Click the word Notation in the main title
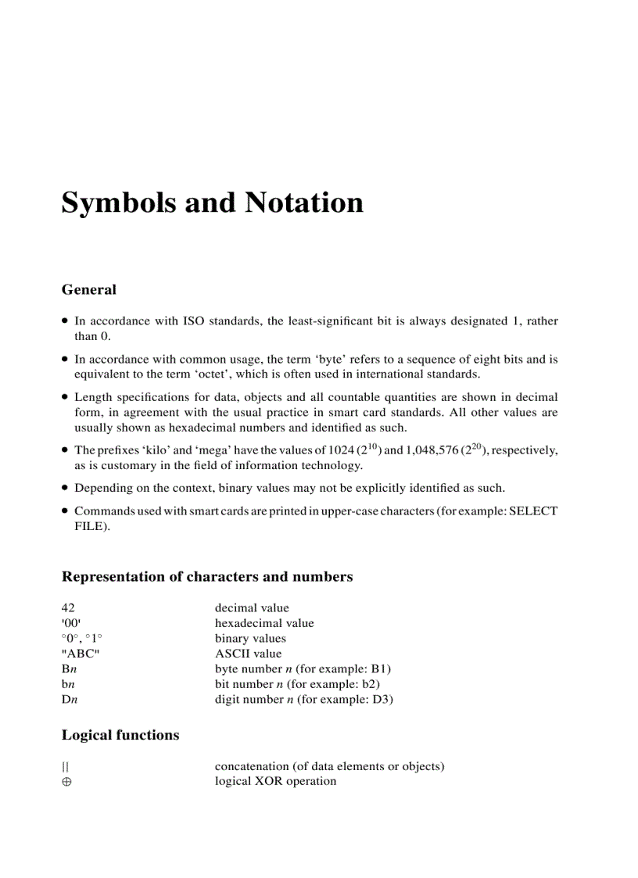pyautogui.click(x=304, y=202)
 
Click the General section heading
pyautogui.click(x=88, y=289)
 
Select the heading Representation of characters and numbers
pyautogui.click(x=206, y=577)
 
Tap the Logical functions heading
pyautogui.click(x=120, y=735)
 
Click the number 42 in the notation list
pyautogui.click(x=69, y=607)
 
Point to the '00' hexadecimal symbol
pyautogui.click(x=70, y=623)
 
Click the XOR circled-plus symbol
pyautogui.click(x=66, y=782)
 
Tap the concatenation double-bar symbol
pyautogui.click(x=65, y=766)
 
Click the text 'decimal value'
pyautogui.click(x=251, y=607)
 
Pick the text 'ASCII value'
pyautogui.click(x=248, y=654)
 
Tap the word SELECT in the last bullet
pyautogui.click(x=532, y=511)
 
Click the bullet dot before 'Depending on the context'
pyautogui.click(x=66, y=488)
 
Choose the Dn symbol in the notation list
pyautogui.click(x=69, y=699)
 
